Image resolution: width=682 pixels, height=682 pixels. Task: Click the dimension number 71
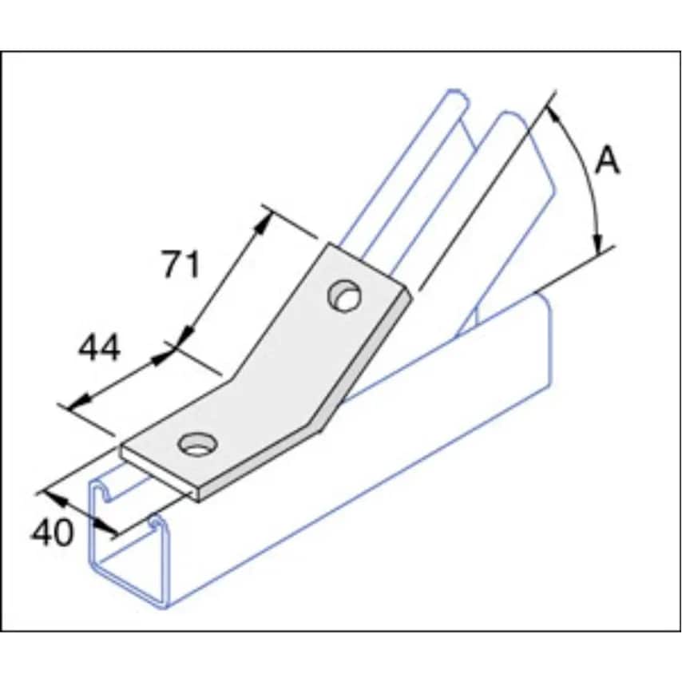point(181,264)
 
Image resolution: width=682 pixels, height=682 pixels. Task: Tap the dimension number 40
point(52,532)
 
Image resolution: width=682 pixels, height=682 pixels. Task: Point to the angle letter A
point(608,162)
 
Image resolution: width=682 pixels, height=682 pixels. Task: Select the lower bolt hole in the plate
point(196,443)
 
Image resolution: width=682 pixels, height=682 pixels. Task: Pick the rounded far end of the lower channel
point(544,307)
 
